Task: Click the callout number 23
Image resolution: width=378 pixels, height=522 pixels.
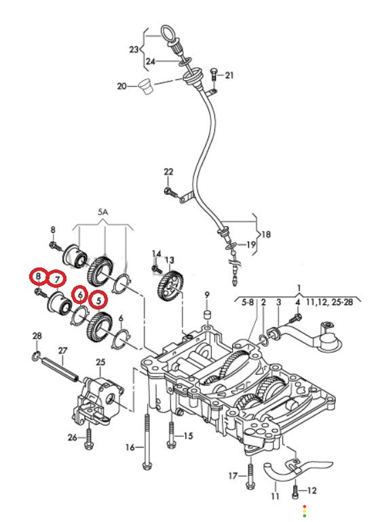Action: pyautogui.click(x=134, y=50)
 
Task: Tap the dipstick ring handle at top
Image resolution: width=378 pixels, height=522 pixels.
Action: pyautogui.click(x=170, y=33)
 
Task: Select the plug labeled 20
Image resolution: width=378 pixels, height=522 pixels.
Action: pyautogui.click(x=145, y=86)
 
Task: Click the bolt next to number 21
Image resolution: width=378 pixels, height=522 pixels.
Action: pyautogui.click(x=214, y=74)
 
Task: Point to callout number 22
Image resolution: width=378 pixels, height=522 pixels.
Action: pyautogui.click(x=168, y=172)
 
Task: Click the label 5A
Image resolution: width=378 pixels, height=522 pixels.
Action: pyautogui.click(x=103, y=212)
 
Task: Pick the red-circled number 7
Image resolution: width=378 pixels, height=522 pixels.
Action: pyautogui.click(x=57, y=279)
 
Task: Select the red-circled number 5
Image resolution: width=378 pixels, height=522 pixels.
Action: pyautogui.click(x=98, y=301)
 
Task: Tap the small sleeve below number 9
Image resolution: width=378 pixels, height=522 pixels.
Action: pyautogui.click(x=207, y=314)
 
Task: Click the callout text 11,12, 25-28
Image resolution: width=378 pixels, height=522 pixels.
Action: pyautogui.click(x=328, y=302)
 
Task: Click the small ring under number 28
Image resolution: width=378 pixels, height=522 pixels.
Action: pyautogui.click(x=36, y=356)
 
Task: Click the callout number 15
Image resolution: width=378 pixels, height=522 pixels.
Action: pyautogui.click(x=188, y=435)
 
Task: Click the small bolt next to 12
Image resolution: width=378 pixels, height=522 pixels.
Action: pyautogui.click(x=295, y=491)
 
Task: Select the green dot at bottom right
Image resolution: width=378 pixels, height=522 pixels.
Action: pyautogui.click(x=305, y=516)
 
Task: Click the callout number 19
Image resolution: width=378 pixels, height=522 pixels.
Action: pyautogui.click(x=252, y=244)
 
